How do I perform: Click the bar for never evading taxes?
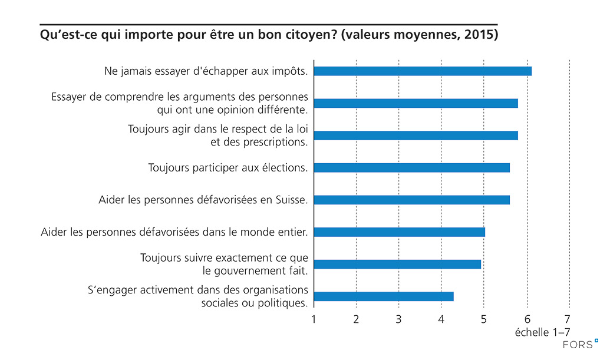(423, 71)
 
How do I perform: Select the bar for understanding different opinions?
(416, 104)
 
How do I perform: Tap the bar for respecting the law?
(416, 136)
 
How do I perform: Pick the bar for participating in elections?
(411, 168)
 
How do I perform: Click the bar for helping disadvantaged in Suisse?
(411, 200)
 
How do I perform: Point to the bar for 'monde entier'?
(399, 232)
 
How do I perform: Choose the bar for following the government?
(397, 264)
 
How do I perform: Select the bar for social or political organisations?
(384, 296)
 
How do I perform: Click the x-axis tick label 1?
(314, 320)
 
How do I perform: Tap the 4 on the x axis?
(441, 320)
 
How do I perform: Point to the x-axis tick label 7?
(568, 320)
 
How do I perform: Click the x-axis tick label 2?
(357, 320)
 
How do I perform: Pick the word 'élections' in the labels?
(284, 168)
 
